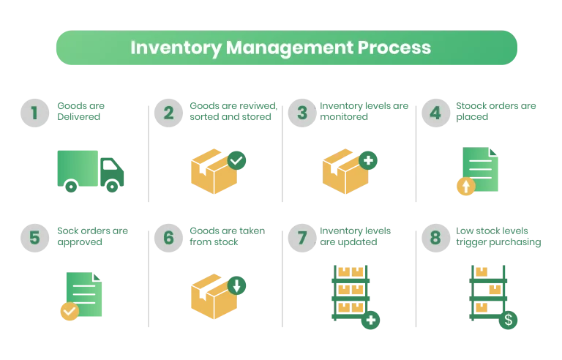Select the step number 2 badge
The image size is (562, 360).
[x=169, y=113]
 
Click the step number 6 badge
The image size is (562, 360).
[x=169, y=238]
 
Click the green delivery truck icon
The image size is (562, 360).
[x=90, y=170]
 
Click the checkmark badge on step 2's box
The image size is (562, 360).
[x=236, y=160]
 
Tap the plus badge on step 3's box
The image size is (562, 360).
[x=368, y=160]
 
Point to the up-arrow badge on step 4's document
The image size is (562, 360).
[x=465, y=187]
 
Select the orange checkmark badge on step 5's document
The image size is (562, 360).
[x=69, y=312]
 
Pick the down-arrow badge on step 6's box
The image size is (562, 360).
[x=236, y=285]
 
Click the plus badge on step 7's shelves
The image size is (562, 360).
[x=371, y=320]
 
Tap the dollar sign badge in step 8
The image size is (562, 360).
[x=508, y=320]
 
